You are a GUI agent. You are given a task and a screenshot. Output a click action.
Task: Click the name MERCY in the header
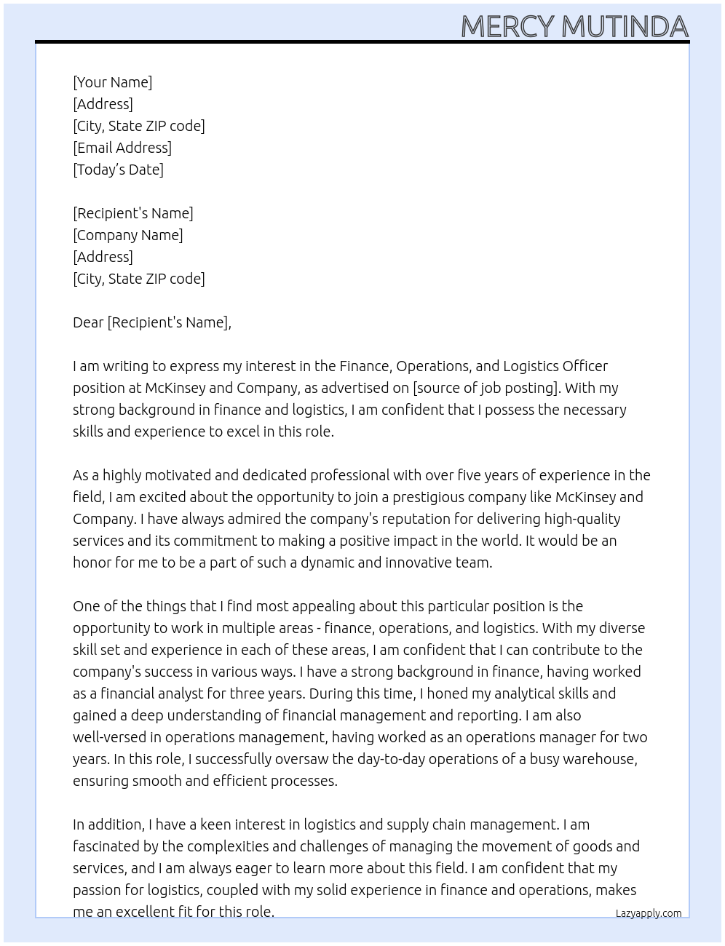click(508, 27)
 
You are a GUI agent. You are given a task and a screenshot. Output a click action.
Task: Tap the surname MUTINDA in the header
click(625, 27)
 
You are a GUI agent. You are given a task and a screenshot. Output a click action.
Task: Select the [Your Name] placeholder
click(113, 82)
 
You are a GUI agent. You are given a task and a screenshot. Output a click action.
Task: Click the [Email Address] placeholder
click(122, 148)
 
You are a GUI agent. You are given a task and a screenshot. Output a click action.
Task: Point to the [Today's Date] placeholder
click(118, 170)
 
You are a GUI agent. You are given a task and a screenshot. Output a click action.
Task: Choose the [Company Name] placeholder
click(128, 235)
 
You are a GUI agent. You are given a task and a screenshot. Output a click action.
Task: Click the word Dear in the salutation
click(88, 322)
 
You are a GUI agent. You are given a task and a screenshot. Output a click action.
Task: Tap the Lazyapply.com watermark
click(649, 913)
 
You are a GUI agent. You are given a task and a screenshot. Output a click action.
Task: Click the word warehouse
click(600, 759)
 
